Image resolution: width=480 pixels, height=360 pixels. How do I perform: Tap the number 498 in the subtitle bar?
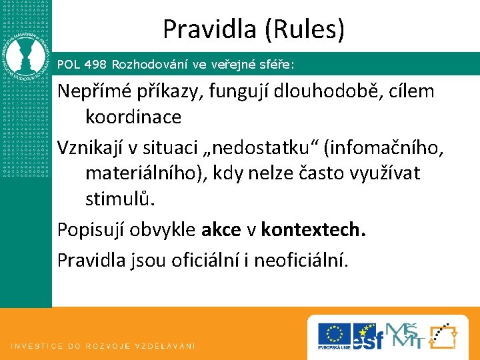[x=95, y=65]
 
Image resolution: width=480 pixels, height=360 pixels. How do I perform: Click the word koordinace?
[x=133, y=117]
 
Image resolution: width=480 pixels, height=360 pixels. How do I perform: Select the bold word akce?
[x=222, y=230]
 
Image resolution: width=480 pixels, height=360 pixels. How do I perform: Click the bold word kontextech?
[x=313, y=230]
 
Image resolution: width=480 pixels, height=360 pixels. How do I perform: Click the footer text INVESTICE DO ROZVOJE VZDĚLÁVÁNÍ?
[x=103, y=346]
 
